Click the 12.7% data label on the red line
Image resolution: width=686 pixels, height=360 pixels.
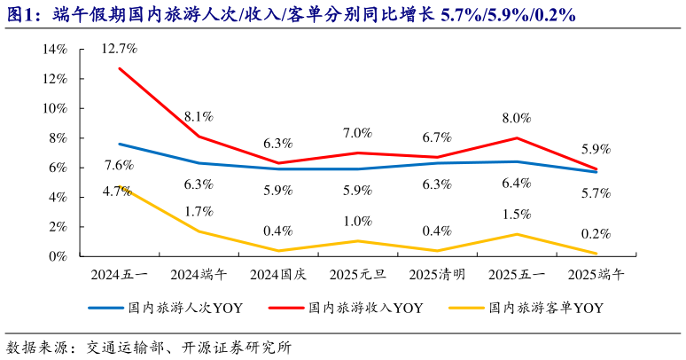coord(119,48)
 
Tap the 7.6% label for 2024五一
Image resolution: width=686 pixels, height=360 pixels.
coord(119,165)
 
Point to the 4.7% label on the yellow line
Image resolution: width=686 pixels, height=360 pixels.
coord(119,190)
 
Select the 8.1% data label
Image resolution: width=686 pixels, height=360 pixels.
coord(199,116)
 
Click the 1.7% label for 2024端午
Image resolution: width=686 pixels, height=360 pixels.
coord(199,212)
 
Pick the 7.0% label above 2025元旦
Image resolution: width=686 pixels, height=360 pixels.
coord(357,133)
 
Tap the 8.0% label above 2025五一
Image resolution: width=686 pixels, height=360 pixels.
coord(516,117)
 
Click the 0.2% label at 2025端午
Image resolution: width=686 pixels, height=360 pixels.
coord(595,233)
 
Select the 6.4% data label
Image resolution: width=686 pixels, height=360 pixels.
coord(516,184)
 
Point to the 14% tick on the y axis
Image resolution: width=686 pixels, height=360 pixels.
coord(54,50)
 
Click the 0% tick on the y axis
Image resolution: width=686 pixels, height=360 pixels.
coord(58,256)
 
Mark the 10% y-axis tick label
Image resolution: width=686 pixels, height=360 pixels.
coord(54,108)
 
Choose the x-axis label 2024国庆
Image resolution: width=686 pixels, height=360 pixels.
coord(277,275)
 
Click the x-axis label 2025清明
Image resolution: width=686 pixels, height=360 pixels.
coord(436,275)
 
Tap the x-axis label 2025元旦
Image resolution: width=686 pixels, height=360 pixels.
coord(357,275)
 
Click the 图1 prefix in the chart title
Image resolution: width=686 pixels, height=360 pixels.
coord(21,14)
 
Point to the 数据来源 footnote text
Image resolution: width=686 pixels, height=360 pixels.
coord(35,347)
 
